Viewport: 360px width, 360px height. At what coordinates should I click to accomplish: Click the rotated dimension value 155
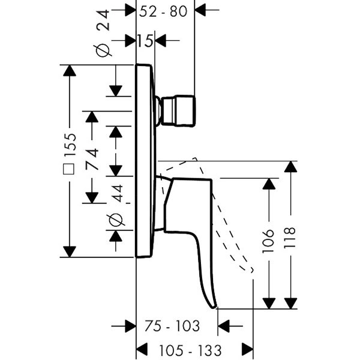[x=70, y=145]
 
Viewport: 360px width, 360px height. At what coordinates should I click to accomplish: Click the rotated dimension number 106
[x=269, y=241]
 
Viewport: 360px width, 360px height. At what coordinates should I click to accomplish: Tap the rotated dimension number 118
[x=290, y=239]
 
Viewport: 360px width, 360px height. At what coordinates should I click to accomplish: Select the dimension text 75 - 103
[x=172, y=326]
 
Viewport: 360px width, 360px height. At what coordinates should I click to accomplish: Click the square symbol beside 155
[x=70, y=173]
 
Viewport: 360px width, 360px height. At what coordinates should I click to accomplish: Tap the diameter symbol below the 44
[x=116, y=221]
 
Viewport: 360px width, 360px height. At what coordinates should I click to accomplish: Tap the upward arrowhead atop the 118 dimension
[x=290, y=167]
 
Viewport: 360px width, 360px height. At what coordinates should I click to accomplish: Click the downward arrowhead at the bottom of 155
[x=70, y=251]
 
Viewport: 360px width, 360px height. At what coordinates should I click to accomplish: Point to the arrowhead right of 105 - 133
[x=247, y=349]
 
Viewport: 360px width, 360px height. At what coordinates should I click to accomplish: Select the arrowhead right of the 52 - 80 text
[x=200, y=10]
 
